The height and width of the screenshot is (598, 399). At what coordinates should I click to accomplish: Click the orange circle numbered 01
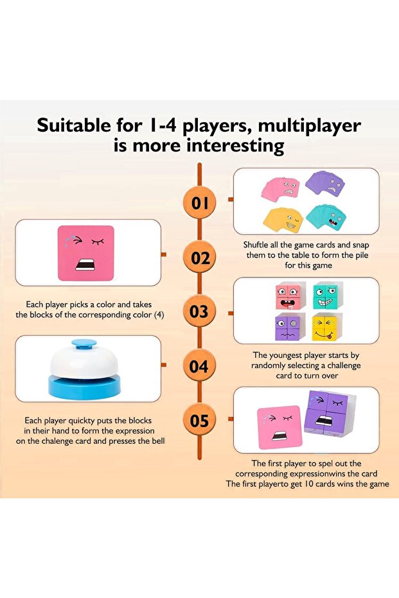tap(199, 202)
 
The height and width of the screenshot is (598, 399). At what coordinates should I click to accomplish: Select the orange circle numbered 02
tap(199, 258)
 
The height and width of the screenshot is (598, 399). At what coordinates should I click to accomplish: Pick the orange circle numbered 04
tap(199, 365)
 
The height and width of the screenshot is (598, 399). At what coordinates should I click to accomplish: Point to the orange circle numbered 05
tap(199, 420)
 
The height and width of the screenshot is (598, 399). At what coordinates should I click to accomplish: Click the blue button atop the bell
tap(84, 344)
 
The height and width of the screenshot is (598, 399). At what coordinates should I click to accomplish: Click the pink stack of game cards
tap(280, 188)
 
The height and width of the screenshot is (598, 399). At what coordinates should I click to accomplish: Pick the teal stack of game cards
tap(327, 217)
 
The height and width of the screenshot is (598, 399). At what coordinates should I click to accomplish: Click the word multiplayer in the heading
tap(309, 127)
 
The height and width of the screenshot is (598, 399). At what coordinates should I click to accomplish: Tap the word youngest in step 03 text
tap(286, 355)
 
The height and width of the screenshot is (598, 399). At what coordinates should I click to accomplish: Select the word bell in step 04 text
tap(158, 441)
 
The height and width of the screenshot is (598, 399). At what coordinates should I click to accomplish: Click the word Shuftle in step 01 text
tap(256, 245)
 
